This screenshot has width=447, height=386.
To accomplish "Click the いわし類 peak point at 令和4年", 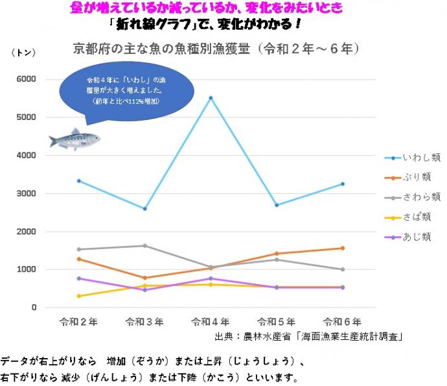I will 211,98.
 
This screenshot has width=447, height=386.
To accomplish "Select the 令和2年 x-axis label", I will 78,322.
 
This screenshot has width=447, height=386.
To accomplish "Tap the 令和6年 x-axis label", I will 342,322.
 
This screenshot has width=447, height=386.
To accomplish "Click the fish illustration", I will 74,139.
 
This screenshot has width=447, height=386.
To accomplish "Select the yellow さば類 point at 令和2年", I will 79,296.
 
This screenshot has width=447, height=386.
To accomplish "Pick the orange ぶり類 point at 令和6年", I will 342,248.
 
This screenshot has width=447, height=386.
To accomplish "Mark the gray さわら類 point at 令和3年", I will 144,245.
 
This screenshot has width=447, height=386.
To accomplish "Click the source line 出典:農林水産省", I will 310,336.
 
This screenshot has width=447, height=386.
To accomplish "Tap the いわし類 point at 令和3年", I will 144,209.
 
